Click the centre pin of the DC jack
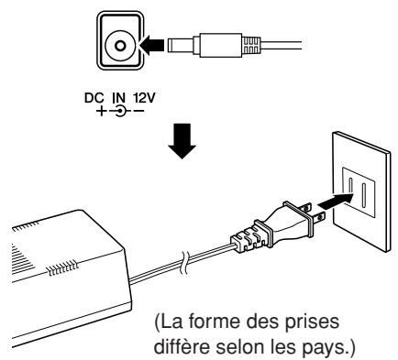(120, 47)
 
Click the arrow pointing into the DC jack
(151, 46)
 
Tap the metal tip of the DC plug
(181, 46)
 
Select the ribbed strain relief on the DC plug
(250, 46)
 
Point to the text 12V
(144, 98)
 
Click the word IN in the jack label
(119, 98)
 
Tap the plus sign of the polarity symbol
(101, 111)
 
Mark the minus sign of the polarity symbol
(139, 111)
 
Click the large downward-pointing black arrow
(182, 141)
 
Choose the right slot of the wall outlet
(364, 195)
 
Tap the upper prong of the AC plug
(304, 208)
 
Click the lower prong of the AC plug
(318, 217)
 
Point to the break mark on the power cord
(184, 262)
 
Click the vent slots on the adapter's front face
(61, 267)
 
